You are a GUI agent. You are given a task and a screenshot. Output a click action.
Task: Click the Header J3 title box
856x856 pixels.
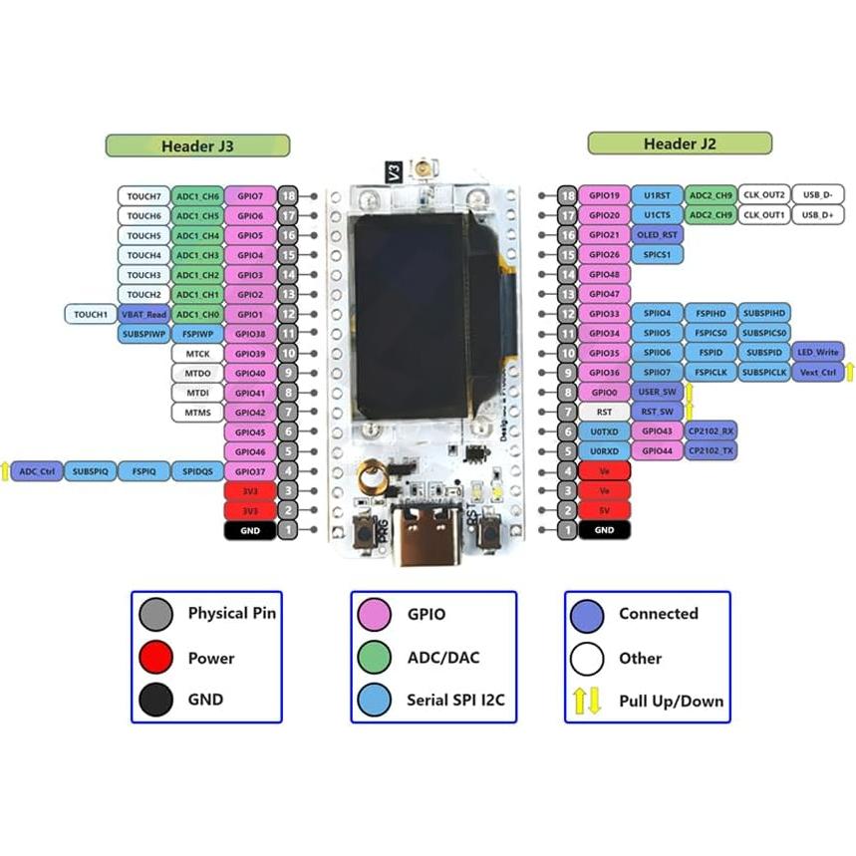pyautogui.click(x=197, y=145)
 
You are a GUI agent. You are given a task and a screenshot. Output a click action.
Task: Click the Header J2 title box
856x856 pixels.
pyautogui.click(x=680, y=143)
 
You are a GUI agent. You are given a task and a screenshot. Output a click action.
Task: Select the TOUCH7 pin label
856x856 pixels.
pyautogui.click(x=143, y=196)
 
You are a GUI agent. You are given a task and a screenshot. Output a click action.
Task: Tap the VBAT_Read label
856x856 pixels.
pyautogui.click(x=143, y=314)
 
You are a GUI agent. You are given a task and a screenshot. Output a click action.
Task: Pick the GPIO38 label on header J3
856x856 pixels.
pyautogui.click(x=250, y=334)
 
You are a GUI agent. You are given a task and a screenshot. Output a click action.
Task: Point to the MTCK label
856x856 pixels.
pyautogui.click(x=196, y=354)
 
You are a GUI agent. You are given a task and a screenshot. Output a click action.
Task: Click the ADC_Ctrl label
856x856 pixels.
pyautogui.click(x=38, y=471)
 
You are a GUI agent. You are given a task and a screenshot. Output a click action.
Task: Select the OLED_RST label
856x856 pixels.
pyautogui.click(x=657, y=235)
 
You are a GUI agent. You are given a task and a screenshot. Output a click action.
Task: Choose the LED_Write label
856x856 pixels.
pyautogui.click(x=818, y=353)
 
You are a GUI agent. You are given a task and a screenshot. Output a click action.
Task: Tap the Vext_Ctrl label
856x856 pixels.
pyautogui.click(x=816, y=373)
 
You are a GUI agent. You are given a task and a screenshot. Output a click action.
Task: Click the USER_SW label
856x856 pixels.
pyautogui.click(x=657, y=393)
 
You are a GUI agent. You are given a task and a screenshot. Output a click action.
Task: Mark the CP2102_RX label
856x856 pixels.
pyautogui.click(x=711, y=431)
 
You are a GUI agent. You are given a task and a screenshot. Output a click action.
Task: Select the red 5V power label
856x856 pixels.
pyautogui.click(x=604, y=510)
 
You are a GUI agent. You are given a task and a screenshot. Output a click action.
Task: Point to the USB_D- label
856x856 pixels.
pyautogui.click(x=818, y=195)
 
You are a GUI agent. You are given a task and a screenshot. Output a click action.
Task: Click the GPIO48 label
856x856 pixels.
pyautogui.click(x=604, y=274)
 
